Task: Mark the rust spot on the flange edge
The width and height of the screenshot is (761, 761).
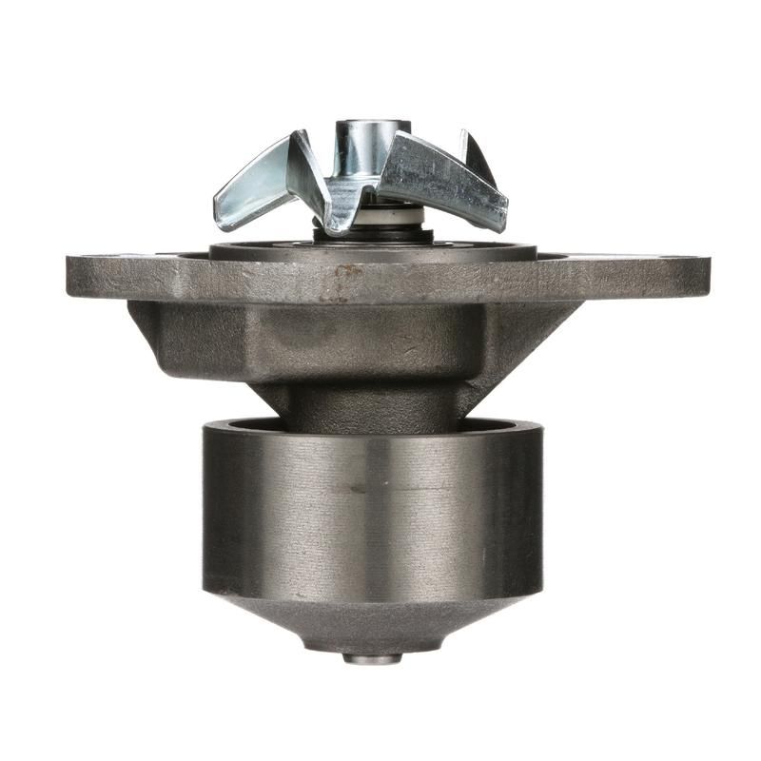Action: point(347,273)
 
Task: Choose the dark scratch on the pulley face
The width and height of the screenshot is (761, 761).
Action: point(358,489)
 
